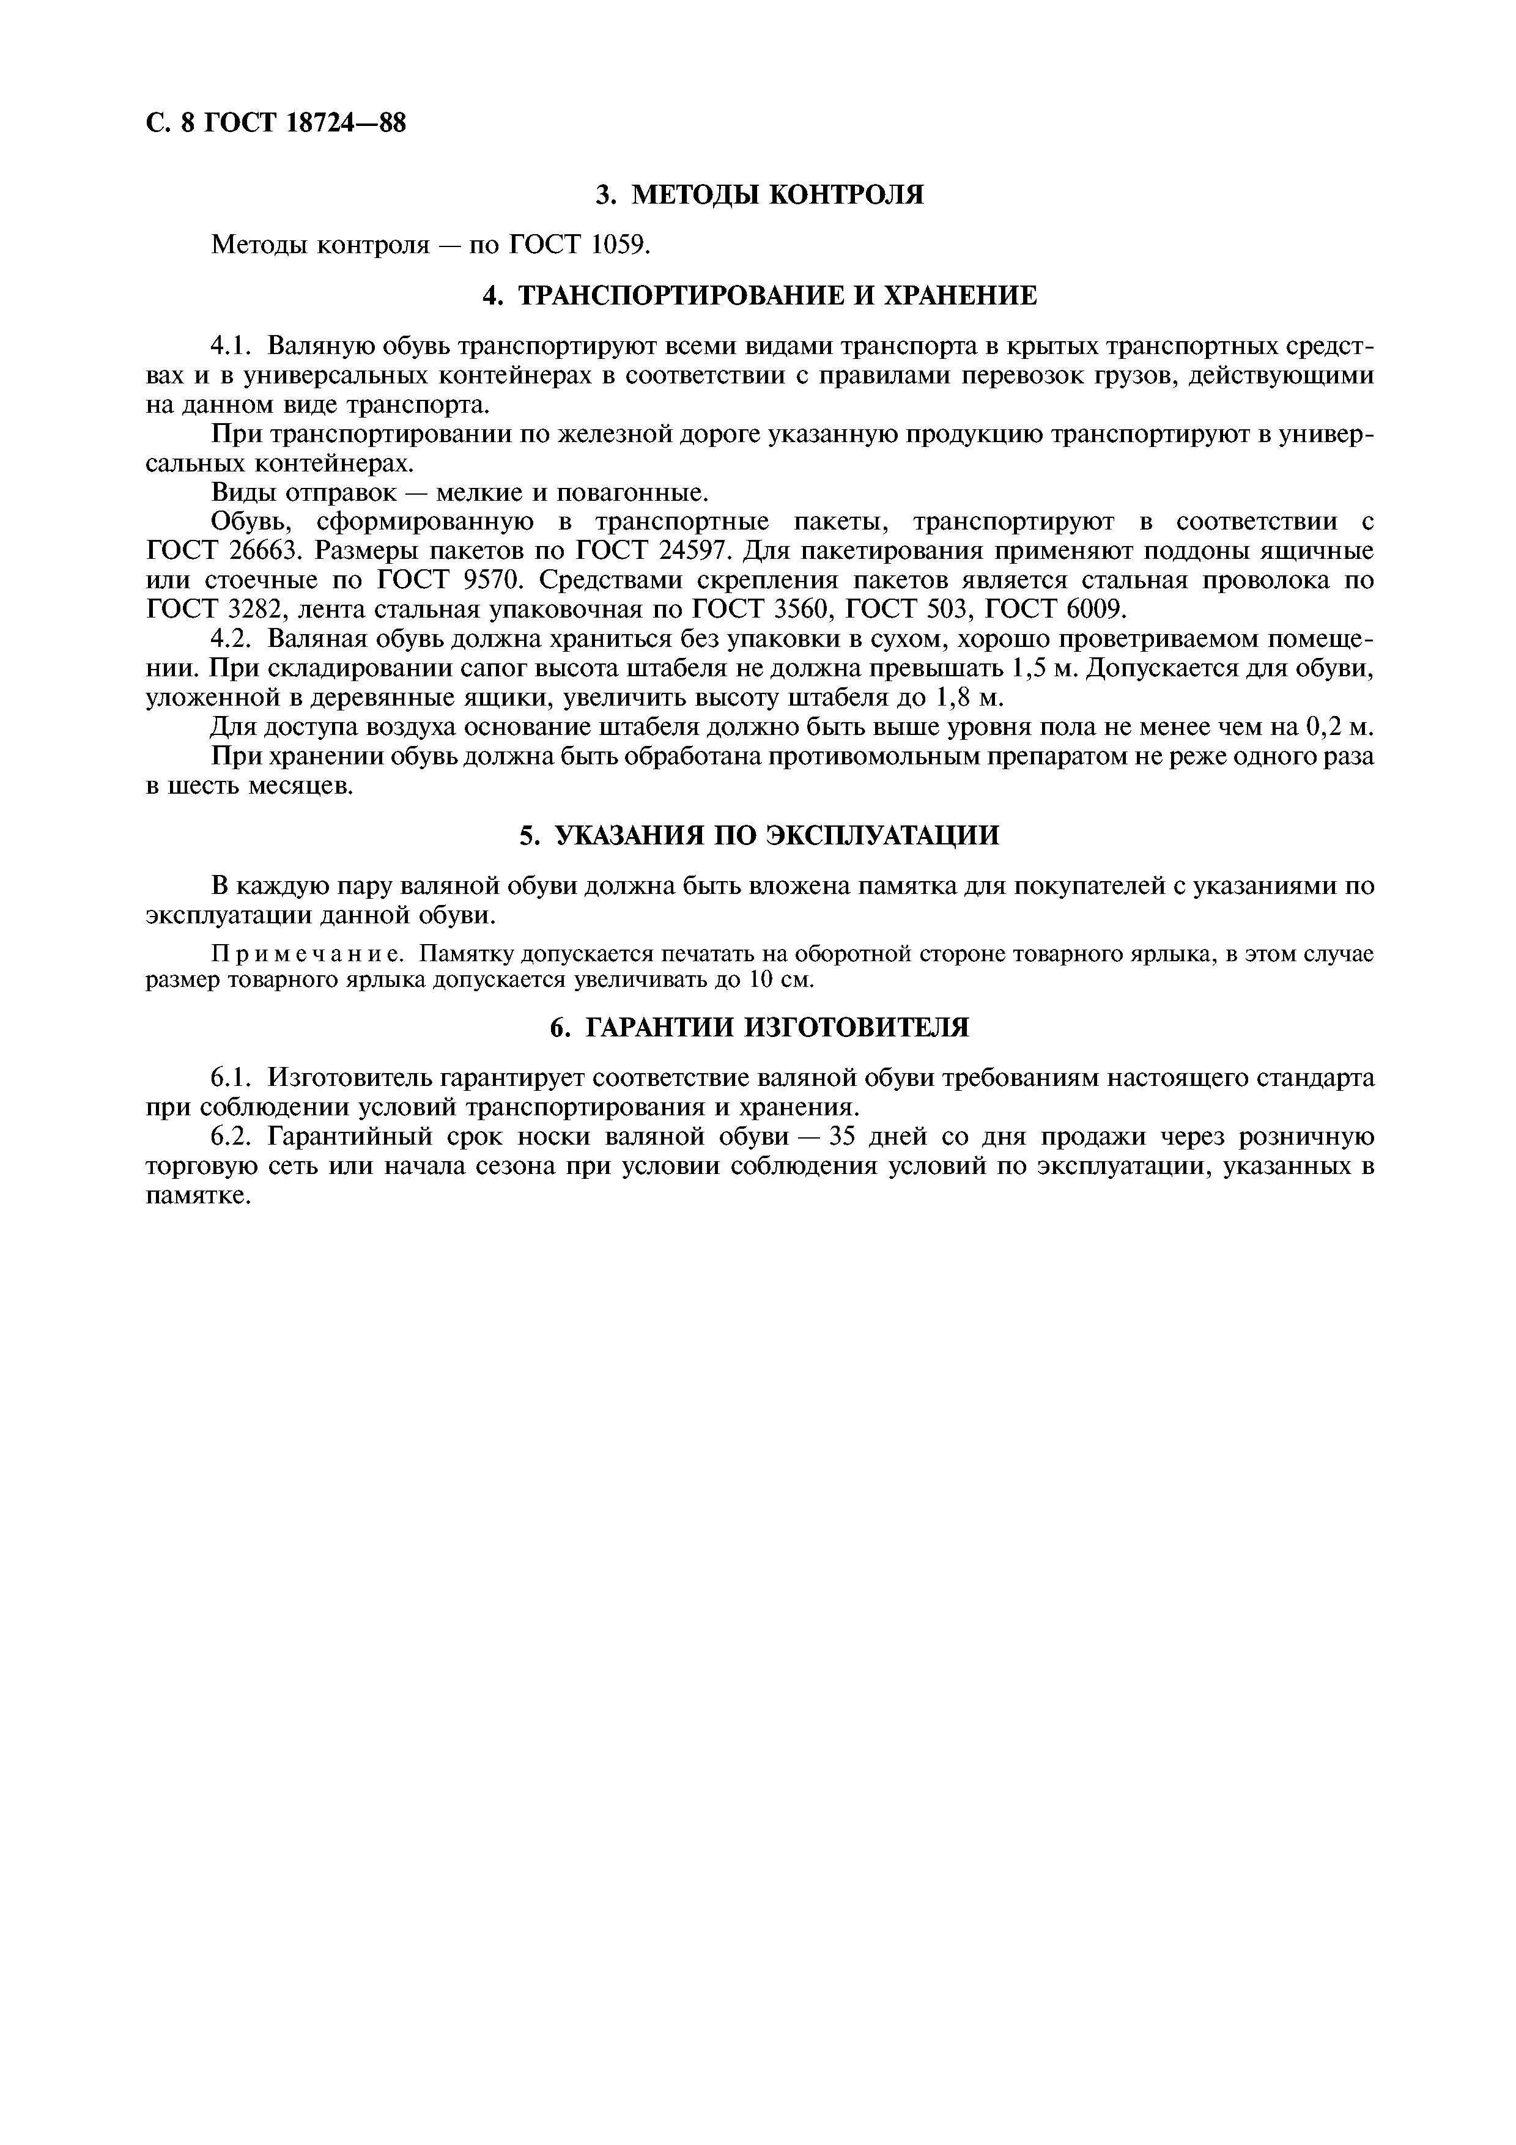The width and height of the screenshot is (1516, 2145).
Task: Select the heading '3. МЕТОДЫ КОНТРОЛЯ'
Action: [x=760, y=194]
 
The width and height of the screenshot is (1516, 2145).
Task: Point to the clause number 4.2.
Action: [x=232, y=640]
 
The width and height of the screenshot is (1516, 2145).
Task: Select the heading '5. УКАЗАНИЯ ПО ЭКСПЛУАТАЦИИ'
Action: [x=760, y=835]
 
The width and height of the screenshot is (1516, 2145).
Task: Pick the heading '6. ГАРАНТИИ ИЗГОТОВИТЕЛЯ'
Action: [x=760, y=1028]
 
